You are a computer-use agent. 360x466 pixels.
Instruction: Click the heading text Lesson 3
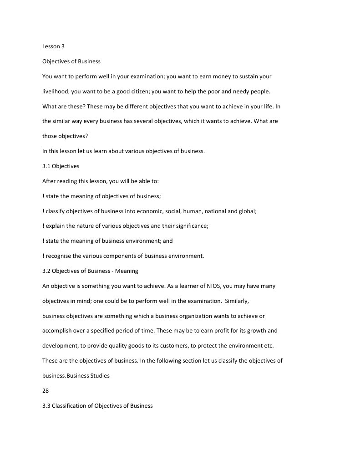[53, 46]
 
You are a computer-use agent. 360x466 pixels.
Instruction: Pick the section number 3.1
[46, 166]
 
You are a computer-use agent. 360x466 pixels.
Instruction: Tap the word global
[247, 211]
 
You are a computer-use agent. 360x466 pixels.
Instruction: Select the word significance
[190, 226]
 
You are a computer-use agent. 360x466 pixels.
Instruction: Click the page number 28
[46, 391]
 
